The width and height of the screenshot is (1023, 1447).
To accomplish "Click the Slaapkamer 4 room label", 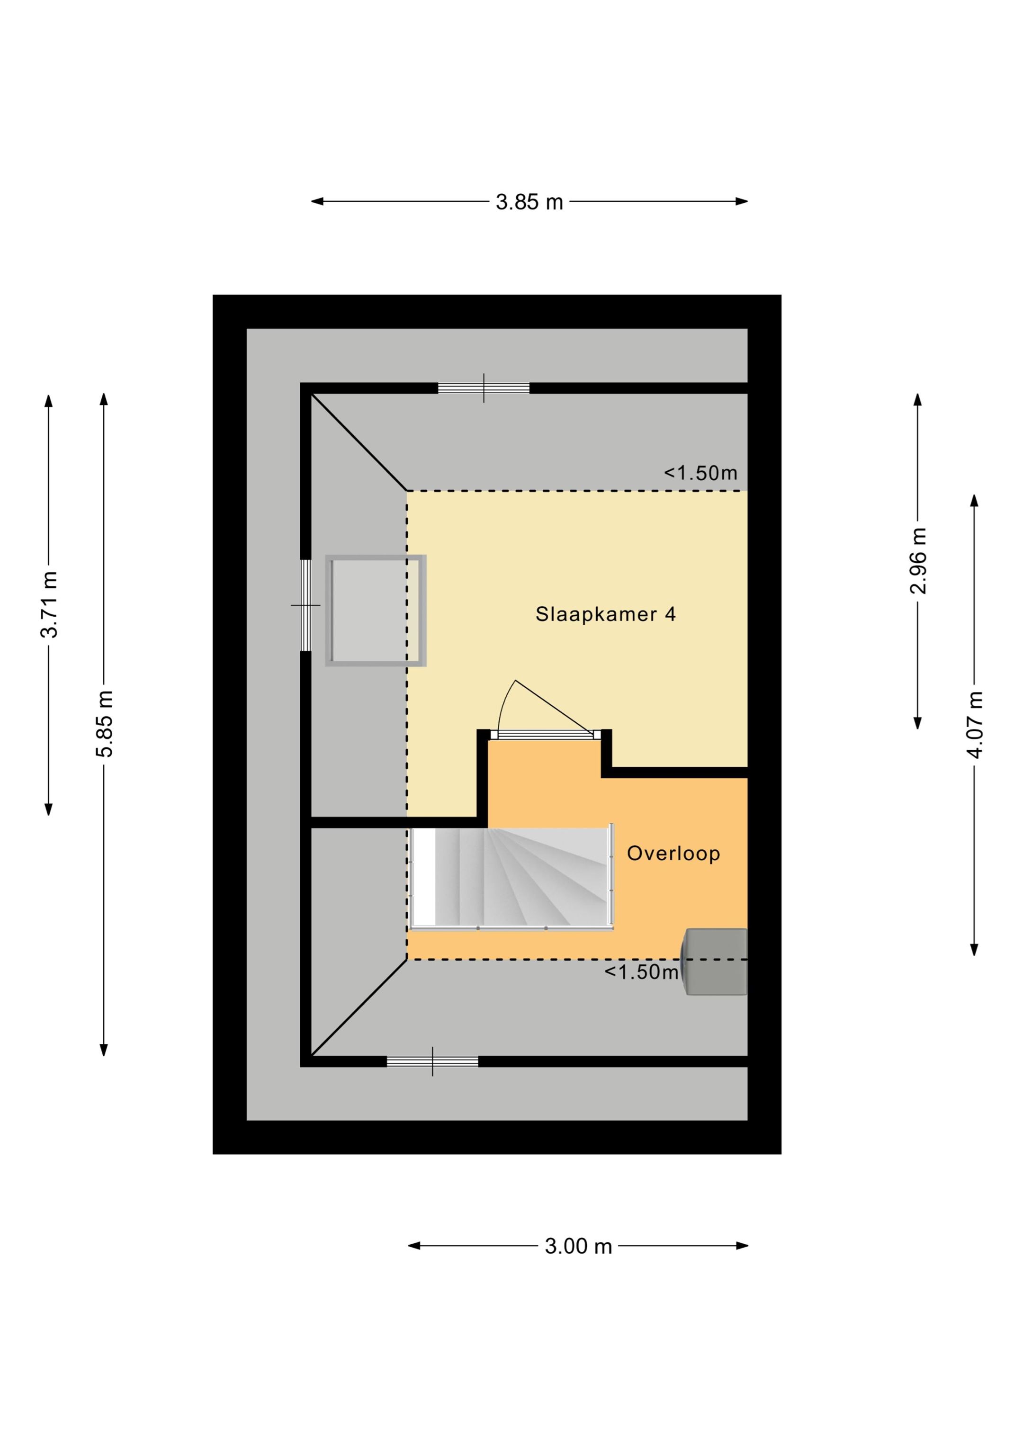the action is coord(605,614).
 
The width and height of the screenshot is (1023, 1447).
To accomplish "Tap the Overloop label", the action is coord(673,854).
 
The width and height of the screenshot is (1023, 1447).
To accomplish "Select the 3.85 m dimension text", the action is coord(529,202).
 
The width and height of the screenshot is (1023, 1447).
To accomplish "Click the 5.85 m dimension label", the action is coord(104,723).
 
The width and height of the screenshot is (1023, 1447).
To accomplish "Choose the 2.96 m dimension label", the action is coord(918,560).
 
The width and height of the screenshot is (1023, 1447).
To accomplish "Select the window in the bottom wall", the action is coord(432,1061).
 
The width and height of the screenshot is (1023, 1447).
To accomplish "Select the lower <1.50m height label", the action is coord(641,972).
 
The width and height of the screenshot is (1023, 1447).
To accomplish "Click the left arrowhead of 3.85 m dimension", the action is coord(317,202).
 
